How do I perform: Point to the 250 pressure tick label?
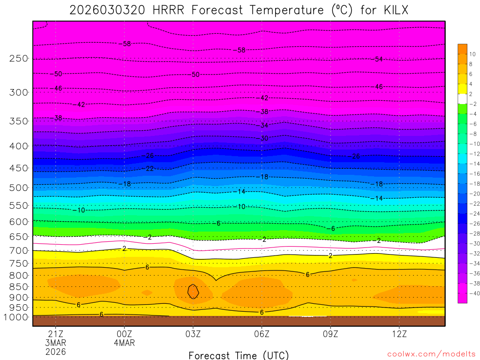point(19,59)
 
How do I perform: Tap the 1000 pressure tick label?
point(16,317)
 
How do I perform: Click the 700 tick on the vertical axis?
point(19,251)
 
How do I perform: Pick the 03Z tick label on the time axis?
point(193,334)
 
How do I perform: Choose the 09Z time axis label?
point(330,334)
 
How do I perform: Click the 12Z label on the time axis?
point(399,334)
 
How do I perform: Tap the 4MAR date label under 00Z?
point(124,343)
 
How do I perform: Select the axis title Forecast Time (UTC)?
point(239,355)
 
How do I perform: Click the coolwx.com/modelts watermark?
point(431,354)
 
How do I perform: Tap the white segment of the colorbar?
point(462,98)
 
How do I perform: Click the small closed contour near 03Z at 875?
point(193,292)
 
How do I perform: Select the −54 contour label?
point(377,59)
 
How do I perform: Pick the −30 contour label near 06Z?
point(264,138)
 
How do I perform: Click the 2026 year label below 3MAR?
point(56,352)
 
